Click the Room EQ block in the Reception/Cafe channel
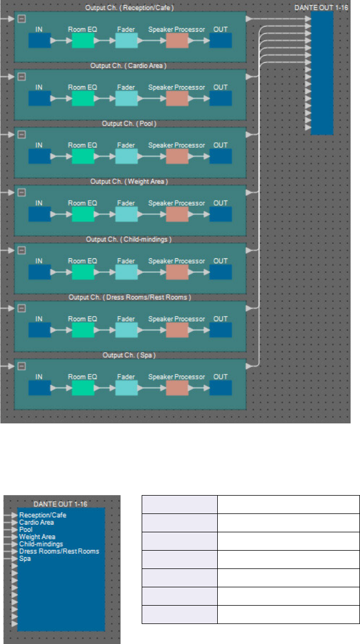[83, 41]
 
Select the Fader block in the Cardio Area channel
[126, 98]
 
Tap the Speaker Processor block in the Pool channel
[177, 156]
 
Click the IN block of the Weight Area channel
[39, 214]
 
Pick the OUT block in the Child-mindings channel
[221, 272]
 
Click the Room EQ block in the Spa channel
[83, 388]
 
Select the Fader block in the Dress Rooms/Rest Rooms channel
[126, 330]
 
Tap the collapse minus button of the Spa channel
[22, 366]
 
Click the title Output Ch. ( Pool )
[129, 123]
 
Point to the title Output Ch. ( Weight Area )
[129, 181]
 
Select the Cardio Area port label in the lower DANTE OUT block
[36, 523]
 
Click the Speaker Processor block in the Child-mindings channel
[177, 272]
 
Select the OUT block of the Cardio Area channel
[221, 98]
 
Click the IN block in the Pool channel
[39, 156]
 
